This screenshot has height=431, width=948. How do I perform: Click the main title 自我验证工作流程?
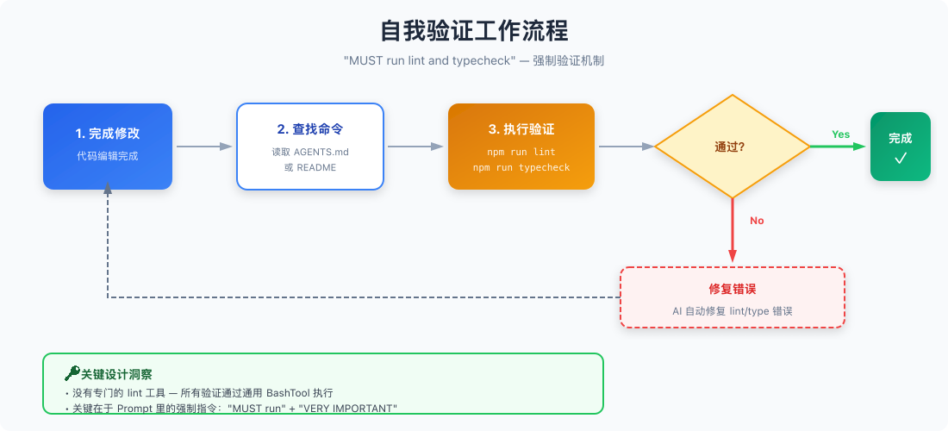point(474,31)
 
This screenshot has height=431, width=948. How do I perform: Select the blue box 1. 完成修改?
point(108,146)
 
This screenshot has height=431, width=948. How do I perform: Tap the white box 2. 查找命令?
point(310,146)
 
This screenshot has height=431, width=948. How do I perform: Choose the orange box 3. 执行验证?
point(521,146)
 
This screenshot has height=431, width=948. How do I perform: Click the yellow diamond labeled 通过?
point(732,147)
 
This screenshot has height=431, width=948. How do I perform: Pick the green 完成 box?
point(900,146)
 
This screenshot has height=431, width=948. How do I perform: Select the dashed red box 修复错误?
point(732,297)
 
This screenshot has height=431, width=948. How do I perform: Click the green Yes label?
point(840,134)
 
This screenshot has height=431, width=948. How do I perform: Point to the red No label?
point(757,221)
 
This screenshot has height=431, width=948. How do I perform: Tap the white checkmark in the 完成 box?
point(901,158)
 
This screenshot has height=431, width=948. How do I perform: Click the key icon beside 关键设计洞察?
point(72,373)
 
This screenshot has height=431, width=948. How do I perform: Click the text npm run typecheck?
point(521,167)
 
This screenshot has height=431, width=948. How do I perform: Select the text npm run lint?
point(521,152)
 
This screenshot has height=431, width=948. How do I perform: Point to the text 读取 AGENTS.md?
point(310,152)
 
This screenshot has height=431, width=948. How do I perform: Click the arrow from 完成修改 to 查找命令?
point(204,147)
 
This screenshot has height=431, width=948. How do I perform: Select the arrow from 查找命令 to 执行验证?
point(415,147)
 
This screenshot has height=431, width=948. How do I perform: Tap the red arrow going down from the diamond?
point(733,229)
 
